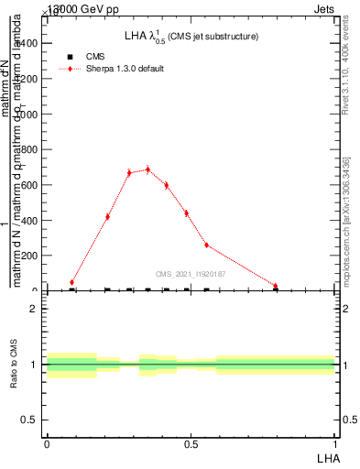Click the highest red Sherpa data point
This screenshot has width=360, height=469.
tap(147, 169)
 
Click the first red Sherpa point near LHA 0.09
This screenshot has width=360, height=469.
tap(72, 282)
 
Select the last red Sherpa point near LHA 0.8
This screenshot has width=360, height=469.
tap(275, 287)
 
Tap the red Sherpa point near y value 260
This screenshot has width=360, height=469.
tap(206, 245)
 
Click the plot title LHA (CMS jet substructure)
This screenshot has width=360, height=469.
tap(191, 37)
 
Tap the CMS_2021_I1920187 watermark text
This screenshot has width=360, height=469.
tap(190, 274)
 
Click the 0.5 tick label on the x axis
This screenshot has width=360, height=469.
tap(191, 443)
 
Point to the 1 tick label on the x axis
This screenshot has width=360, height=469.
tap(336, 443)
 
